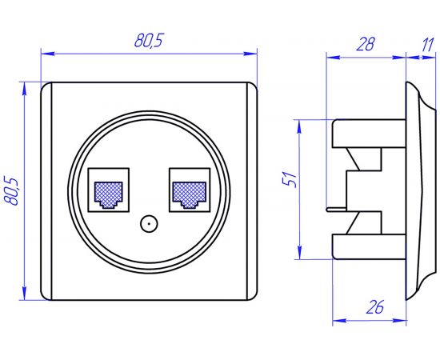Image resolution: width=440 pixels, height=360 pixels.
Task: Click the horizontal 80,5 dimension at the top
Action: tap(150, 41)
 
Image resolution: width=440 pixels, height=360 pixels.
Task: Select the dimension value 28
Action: tap(366, 45)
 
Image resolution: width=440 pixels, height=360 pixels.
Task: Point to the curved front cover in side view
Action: tap(418, 190)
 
